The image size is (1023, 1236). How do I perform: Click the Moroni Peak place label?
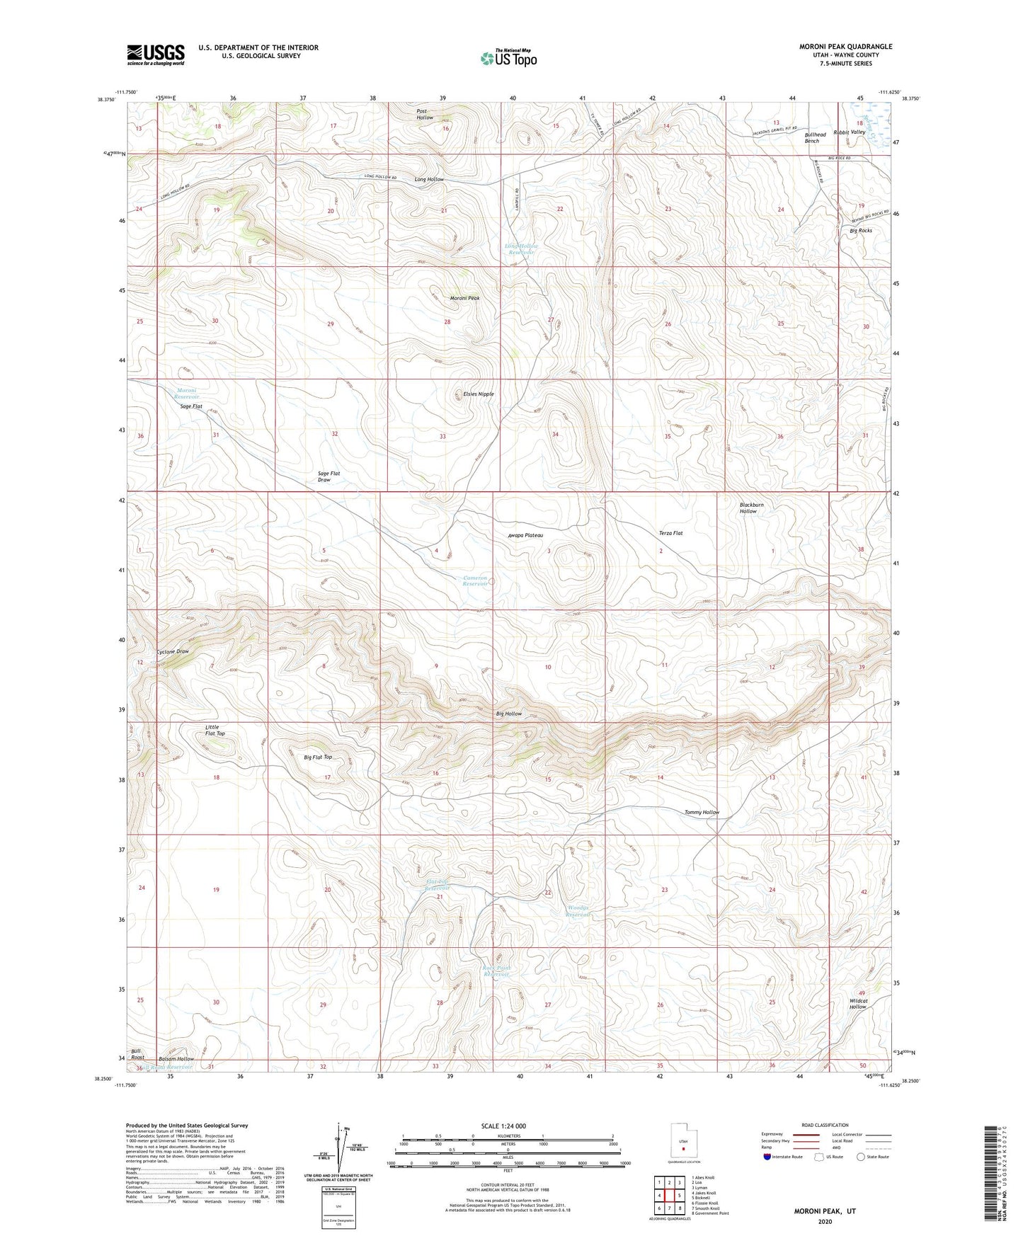pos(464,298)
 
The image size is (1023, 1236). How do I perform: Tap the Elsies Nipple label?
pos(478,394)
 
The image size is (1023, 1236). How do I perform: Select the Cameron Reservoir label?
pos(475,581)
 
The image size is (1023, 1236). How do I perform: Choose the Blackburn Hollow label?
pos(751,508)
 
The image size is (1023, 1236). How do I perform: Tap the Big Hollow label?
pos(508,714)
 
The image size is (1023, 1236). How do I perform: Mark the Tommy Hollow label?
pos(702,812)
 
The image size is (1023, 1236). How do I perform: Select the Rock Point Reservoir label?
pos(496,971)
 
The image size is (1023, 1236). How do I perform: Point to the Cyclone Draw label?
pos(173,651)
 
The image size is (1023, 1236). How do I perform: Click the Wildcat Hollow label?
pos(858,1004)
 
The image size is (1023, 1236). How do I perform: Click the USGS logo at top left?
pos(156,55)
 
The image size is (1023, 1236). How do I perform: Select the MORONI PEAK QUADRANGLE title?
pos(845,47)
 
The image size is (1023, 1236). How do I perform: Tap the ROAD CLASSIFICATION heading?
pos(825,1125)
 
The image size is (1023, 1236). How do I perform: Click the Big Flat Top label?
pos(318,757)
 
